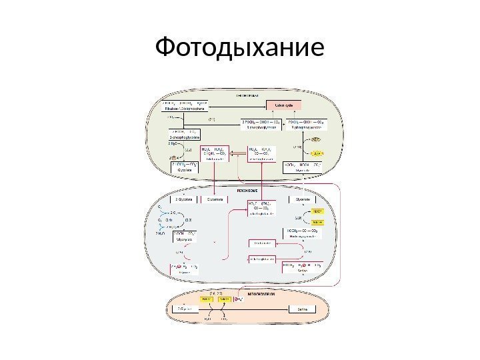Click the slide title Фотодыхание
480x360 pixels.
coord(239,47)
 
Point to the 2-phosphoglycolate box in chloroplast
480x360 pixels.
coord(183,137)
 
